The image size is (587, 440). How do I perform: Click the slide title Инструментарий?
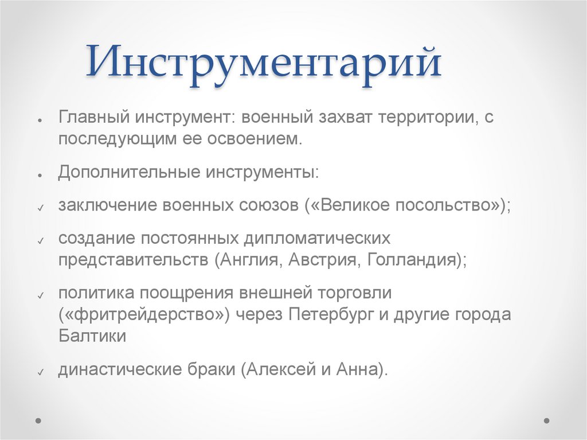click(x=264, y=64)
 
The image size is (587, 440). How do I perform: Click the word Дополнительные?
click(x=127, y=173)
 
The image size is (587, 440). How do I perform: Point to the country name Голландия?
click(x=413, y=259)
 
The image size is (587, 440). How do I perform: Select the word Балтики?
click(x=92, y=336)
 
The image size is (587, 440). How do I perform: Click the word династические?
click(x=114, y=369)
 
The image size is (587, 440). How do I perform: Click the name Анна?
click(x=355, y=369)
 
